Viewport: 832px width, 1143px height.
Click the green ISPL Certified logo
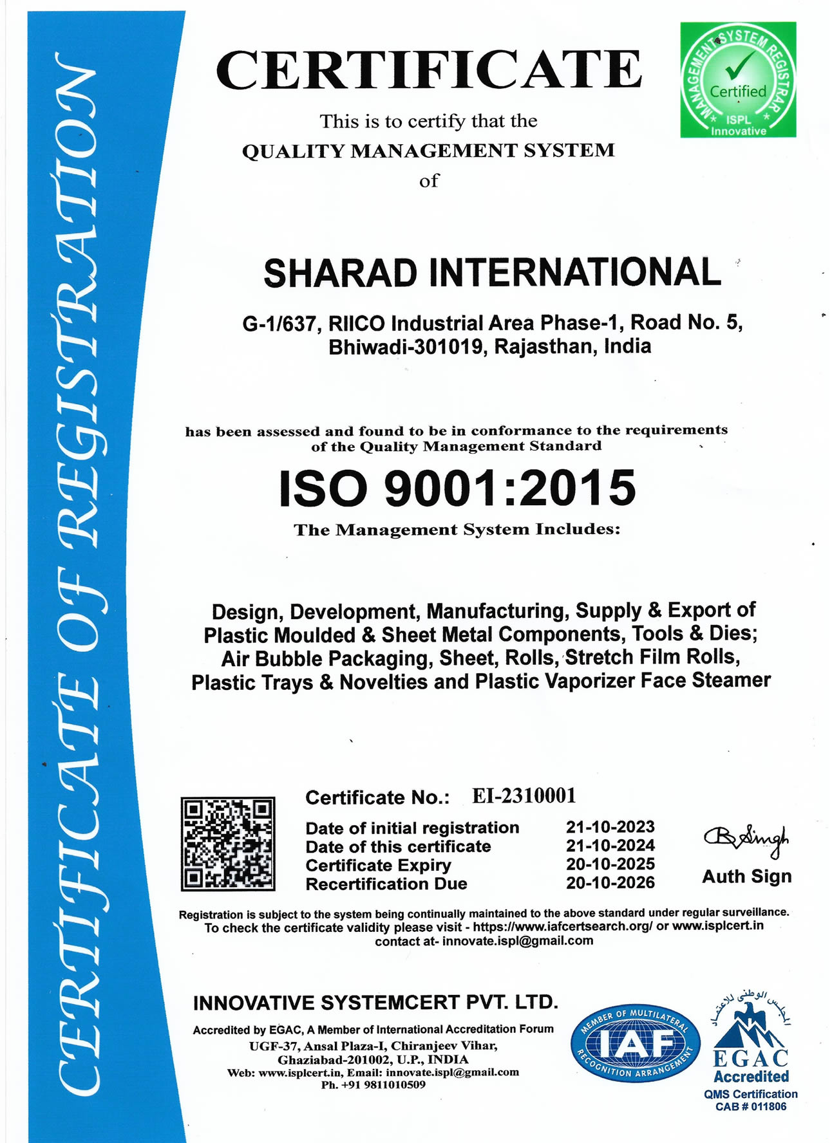[x=737, y=80]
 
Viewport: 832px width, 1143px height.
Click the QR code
[x=228, y=843]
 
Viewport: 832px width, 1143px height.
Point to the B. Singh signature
[x=746, y=840]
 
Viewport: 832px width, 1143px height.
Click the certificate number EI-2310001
[x=524, y=796]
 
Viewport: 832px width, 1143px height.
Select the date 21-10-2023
[x=610, y=827]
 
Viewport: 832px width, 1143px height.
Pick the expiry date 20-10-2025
[x=610, y=864]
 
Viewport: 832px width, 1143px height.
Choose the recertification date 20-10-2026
[x=610, y=882]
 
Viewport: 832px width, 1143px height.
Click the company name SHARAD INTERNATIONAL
[x=492, y=273]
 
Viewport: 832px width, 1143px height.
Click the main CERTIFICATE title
[x=429, y=70]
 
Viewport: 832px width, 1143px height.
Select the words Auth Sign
[x=746, y=877]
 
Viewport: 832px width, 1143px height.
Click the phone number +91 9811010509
[x=373, y=1084]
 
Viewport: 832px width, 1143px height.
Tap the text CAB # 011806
[x=750, y=1107]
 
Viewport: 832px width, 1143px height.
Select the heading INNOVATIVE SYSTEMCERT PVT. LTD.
[x=375, y=1003]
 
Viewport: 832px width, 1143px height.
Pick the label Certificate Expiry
[x=378, y=865]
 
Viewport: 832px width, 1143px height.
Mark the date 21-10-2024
[x=610, y=846]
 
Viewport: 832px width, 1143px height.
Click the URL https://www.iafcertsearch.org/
[x=562, y=927]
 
